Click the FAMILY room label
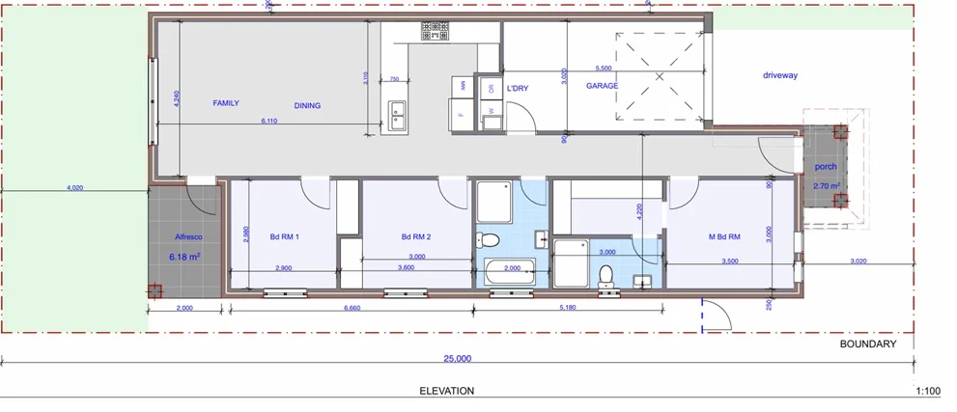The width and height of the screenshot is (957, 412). pos(226,102)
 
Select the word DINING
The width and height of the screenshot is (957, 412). pos(307,106)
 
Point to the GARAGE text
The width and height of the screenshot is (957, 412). pos(603,86)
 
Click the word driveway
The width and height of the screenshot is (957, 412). pos(781,74)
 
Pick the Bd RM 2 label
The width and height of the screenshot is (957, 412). pos(416,236)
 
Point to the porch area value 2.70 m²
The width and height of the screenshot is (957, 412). pos(826,185)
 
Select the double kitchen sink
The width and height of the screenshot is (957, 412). pos(397,115)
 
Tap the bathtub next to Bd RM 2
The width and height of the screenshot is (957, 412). pos(509,272)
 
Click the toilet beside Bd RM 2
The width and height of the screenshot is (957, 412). pos(490,239)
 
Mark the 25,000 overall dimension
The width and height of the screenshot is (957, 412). pos(457,358)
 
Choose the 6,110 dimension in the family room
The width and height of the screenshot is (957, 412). pos(269,122)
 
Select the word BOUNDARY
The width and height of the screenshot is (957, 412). pos(867,343)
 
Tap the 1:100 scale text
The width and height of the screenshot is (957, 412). pos(926,391)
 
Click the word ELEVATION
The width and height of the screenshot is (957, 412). pos(447,391)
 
